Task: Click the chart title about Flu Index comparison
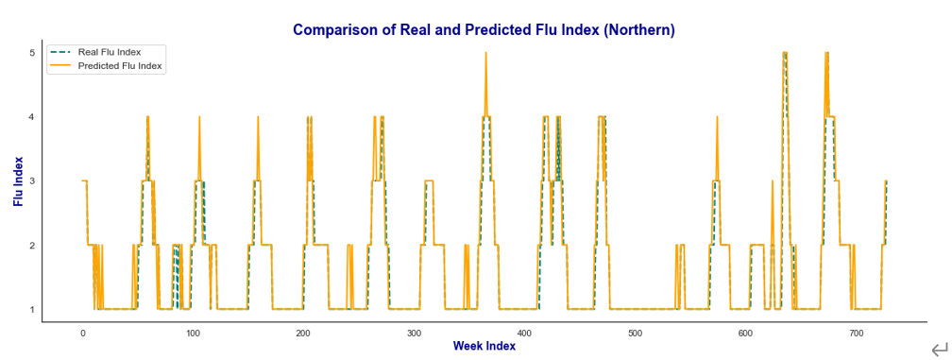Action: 484,29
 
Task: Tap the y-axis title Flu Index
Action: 19,180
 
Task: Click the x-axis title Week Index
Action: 484,346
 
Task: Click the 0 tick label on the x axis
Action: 82,334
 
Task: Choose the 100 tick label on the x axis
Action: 193,334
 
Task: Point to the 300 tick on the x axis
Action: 414,334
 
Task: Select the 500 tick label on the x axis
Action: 635,334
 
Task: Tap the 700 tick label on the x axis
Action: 856,334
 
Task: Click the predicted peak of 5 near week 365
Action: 485,53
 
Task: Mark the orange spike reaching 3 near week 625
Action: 773,180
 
